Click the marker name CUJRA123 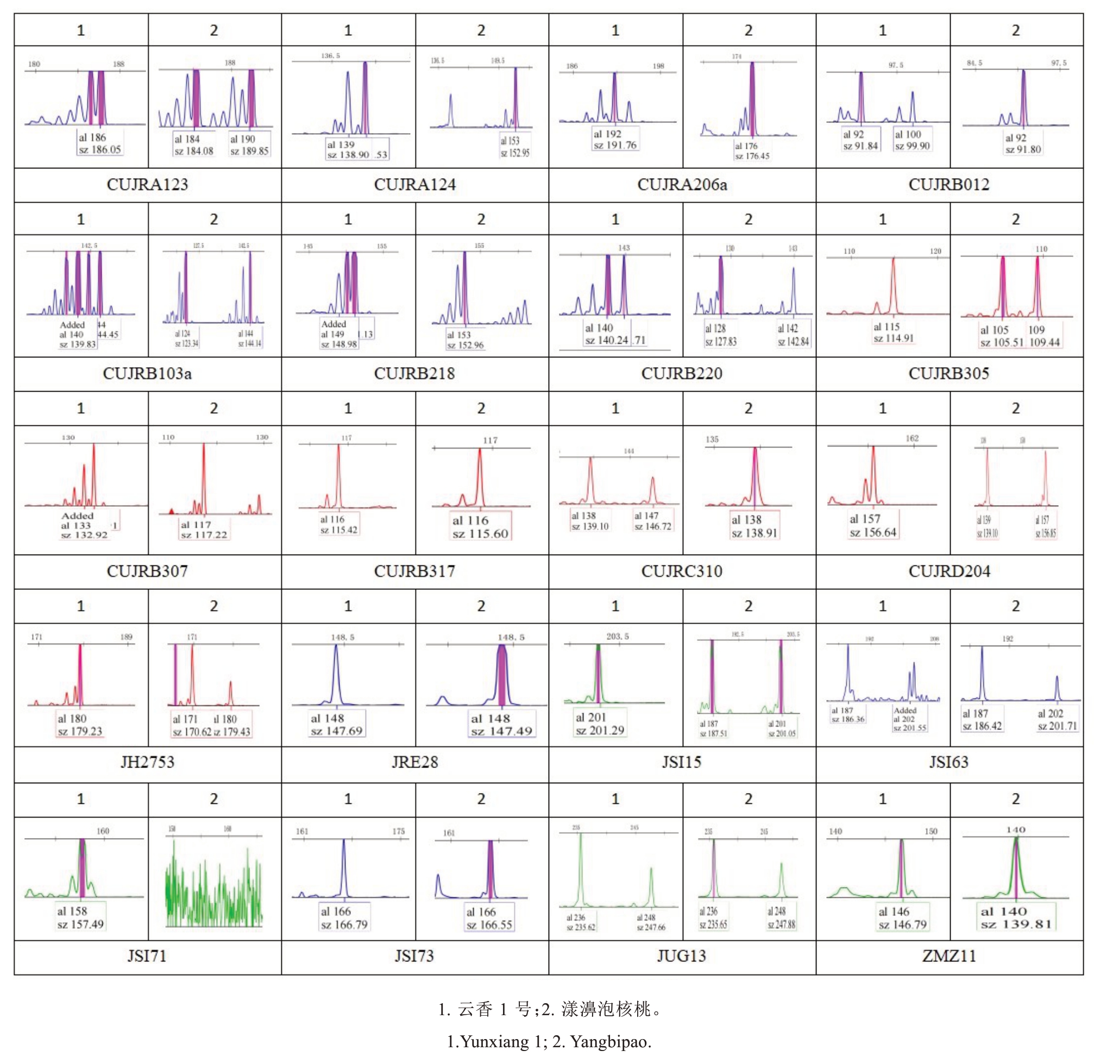[x=147, y=185]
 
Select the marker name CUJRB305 [x=948, y=374]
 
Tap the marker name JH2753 [x=147, y=762]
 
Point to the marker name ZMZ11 [x=948, y=956]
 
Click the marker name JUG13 [x=681, y=956]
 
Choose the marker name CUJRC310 [x=681, y=571]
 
